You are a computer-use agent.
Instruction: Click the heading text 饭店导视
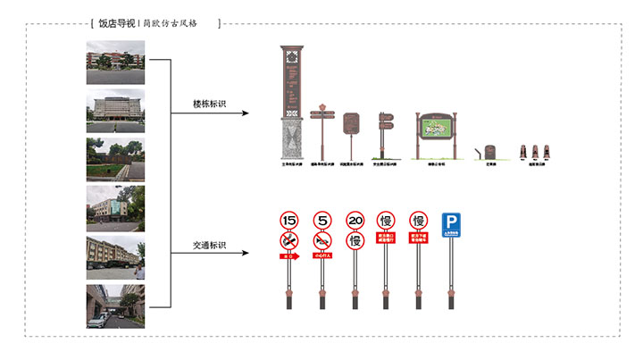116,23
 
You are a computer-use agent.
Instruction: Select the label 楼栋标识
209,105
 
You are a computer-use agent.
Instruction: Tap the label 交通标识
209,244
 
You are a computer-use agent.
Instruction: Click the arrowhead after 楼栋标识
263,113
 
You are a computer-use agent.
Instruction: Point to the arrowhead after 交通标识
263,254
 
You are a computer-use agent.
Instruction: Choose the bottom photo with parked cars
115,306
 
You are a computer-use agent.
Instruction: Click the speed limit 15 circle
288,220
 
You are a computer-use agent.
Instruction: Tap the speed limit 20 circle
355,221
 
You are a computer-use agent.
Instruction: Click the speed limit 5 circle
322,220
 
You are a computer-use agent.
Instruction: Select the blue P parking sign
451,223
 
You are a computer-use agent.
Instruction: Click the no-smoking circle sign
288,240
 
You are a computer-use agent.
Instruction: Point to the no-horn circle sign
322,240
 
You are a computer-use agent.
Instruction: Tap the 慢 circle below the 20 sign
355,240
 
